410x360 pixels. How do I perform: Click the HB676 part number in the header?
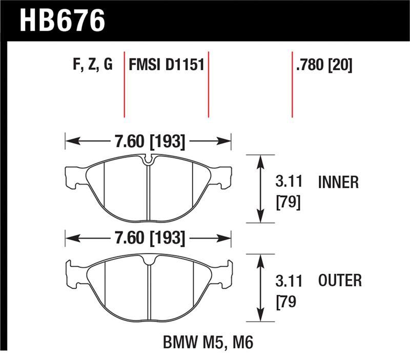click(61, 21)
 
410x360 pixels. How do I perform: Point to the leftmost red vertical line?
click(125, 85)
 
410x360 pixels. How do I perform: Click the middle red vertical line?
click(208, 85)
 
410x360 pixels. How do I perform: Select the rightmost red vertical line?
click(292, 85)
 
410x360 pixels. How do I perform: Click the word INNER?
click(338, 182)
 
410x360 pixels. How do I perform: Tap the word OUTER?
click(340, 281)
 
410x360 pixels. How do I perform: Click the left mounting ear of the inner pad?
click(75, 176)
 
